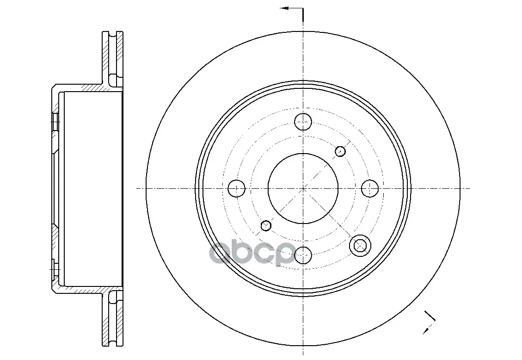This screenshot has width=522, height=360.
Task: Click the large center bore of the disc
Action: pos(303,188)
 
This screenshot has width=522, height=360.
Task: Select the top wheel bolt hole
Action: pos(303,122)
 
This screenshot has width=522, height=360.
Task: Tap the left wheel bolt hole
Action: pos(236,188)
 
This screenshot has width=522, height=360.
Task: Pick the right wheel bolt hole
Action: pos(370,188)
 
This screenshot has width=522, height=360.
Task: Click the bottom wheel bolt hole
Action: pos(303,255)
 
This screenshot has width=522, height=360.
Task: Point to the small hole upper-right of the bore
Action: pos(340,151)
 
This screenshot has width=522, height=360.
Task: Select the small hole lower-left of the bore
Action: pos(266,226)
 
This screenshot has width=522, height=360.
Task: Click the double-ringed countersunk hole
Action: pos(360,245)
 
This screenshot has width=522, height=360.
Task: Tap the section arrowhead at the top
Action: pos(284,8)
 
